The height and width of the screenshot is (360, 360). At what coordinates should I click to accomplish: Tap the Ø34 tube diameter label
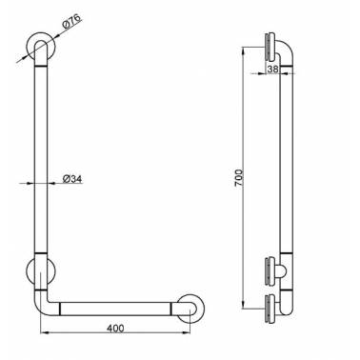72,179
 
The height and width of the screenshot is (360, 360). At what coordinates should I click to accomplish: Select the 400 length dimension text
115,328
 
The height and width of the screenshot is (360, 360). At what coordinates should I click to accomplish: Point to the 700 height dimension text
239,178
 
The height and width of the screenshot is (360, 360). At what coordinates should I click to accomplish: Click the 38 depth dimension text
272,69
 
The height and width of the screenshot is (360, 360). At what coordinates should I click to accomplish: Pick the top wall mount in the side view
270,48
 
